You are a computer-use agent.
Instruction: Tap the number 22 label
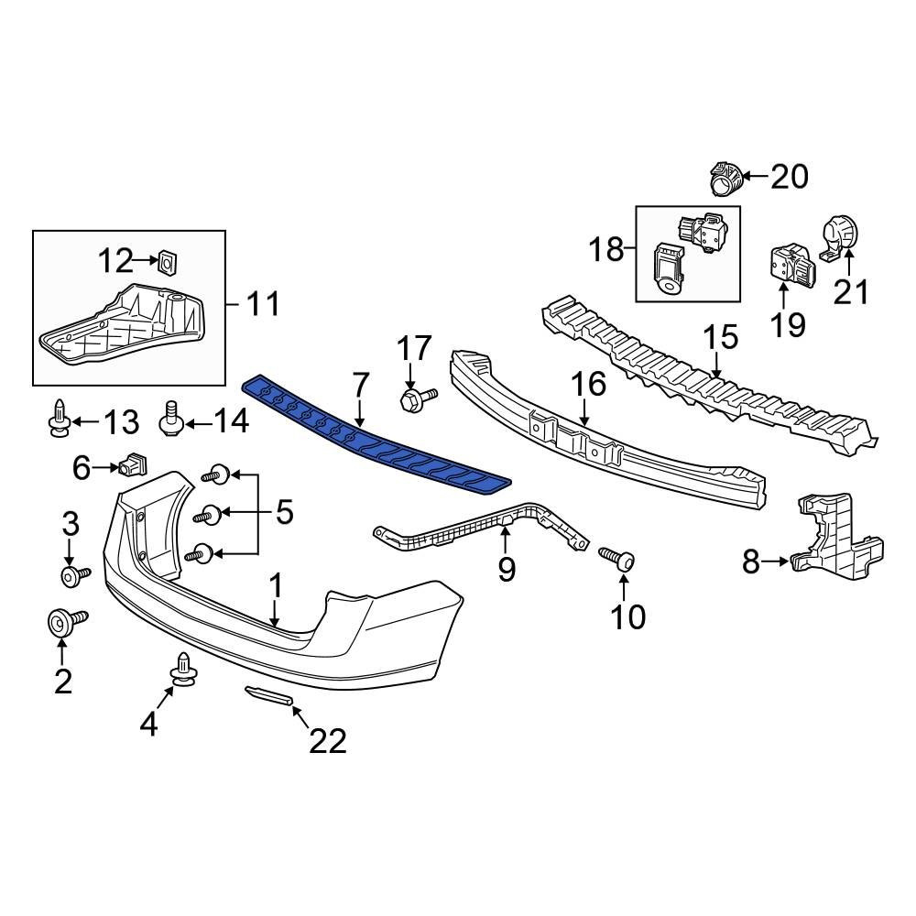(327, 740)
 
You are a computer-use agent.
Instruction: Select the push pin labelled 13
(59, 418)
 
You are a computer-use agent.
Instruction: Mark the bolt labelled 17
(414, 398)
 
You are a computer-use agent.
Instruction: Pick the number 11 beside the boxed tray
(264, 303)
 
